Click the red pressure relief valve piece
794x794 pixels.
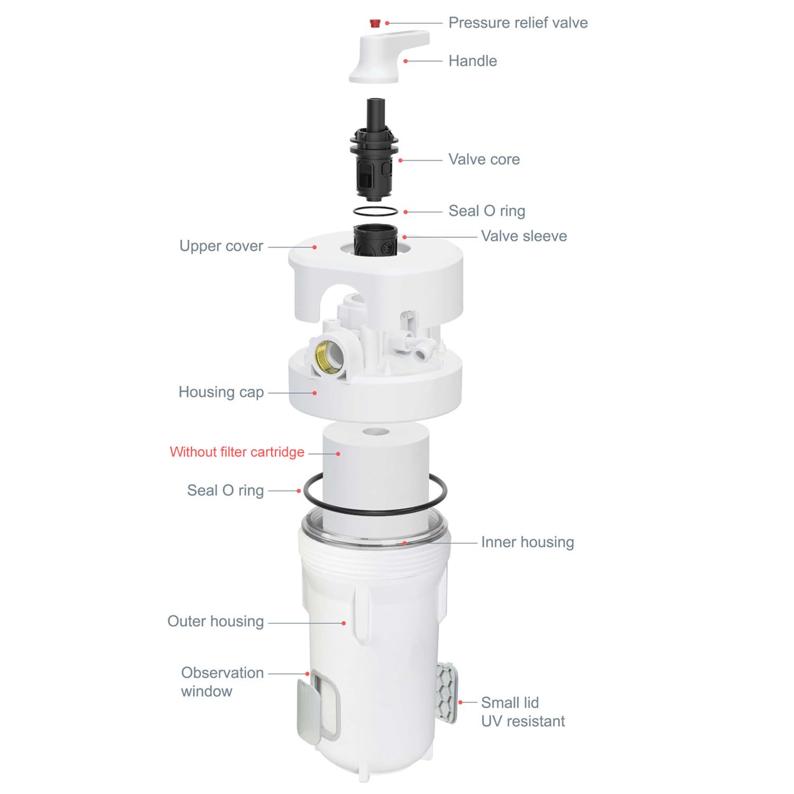pos(375,23)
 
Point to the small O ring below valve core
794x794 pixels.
pos(375,211)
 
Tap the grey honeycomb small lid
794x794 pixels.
pos(447,692)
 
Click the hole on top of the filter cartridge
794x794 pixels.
pos(376,432)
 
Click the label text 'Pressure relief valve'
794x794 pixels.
pos(518,23)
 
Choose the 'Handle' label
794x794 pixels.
pos(472,61)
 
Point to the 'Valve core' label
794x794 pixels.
pos(484,159)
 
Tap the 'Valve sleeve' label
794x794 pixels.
pos(524,236)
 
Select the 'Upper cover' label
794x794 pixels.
pos(221,246)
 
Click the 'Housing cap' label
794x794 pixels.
pos(221,392)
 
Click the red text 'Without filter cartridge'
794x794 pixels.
pos(237,452)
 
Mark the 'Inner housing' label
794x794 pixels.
pos(527,542)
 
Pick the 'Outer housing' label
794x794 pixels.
pos(215,621)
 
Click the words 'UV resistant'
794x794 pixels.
pos(522,721)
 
